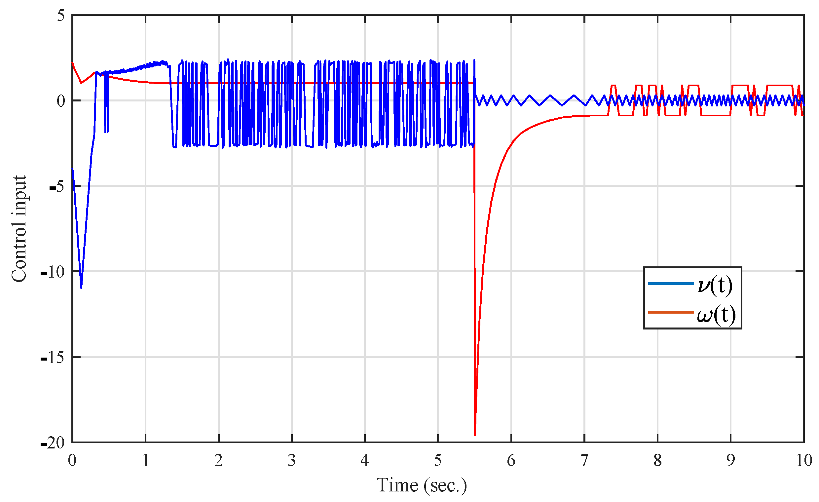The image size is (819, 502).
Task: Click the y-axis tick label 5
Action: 60,16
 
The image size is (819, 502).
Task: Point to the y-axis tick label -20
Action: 53,443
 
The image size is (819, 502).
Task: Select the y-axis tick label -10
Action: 53,272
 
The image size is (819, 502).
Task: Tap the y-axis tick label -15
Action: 53,358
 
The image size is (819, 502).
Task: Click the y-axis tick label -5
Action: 56,187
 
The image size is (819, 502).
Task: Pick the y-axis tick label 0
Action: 60,101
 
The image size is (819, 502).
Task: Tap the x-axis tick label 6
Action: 511,461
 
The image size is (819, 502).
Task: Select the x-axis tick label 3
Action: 291,461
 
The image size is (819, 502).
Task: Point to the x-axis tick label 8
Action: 657,461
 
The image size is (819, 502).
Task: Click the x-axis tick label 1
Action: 145,461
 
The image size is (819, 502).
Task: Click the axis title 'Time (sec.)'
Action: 422,485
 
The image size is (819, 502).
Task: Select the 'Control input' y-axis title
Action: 19,229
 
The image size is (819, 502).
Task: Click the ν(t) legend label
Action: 715,285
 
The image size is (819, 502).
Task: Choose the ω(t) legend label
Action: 716,314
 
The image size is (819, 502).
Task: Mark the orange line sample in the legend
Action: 671,312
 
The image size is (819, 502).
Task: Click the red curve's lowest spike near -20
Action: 475,435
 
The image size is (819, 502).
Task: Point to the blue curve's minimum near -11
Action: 81,288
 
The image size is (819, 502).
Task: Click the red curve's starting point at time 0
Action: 72,62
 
